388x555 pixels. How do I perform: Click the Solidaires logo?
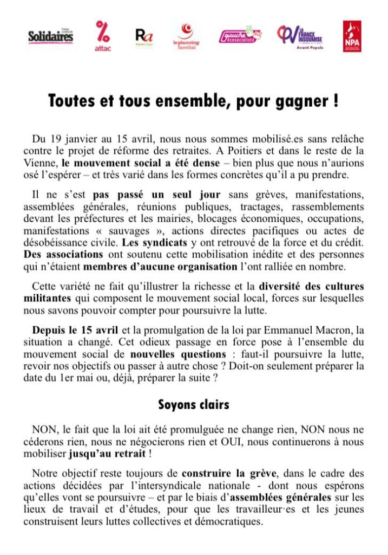(50, 36)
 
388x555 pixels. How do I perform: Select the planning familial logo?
(186, 37)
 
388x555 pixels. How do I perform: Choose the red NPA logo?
(352, 36)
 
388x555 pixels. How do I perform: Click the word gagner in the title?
(302, 101)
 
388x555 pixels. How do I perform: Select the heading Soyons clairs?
(194, 404)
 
